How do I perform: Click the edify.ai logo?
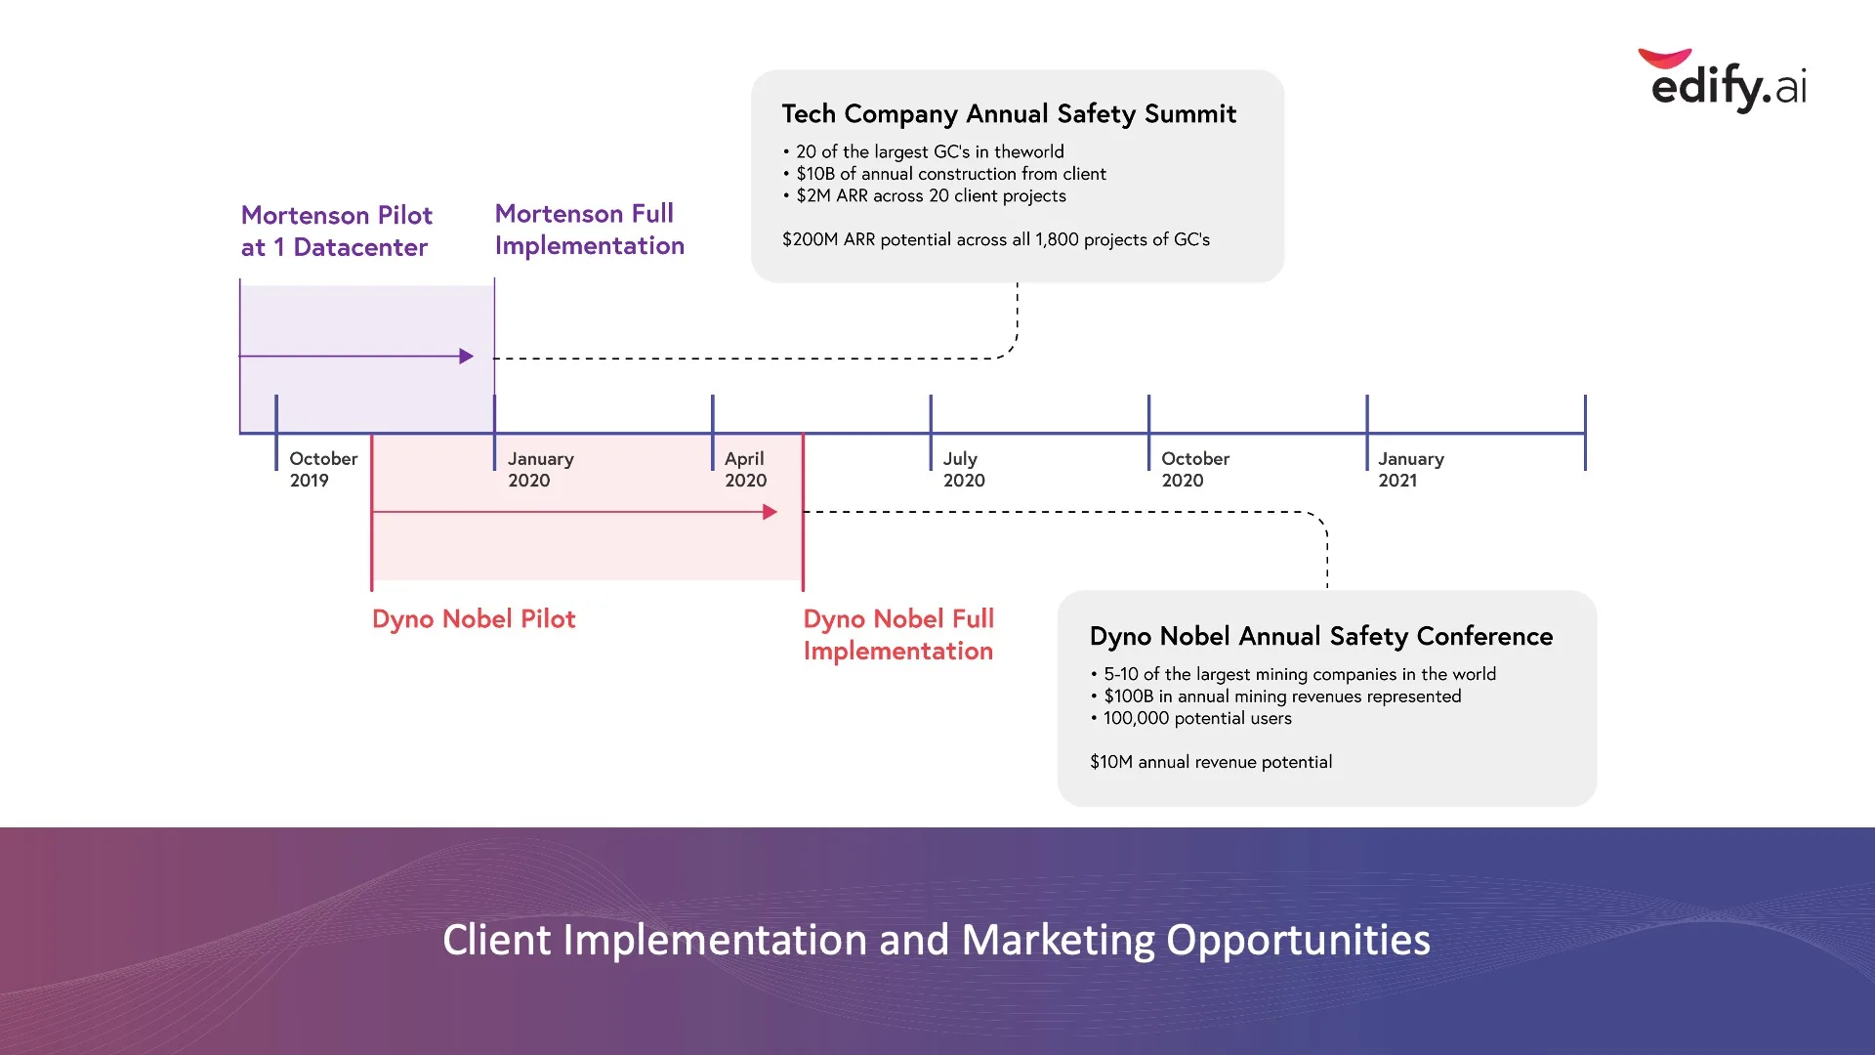[1724, 81]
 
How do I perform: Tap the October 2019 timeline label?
[323, 469]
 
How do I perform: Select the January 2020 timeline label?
[541, 469]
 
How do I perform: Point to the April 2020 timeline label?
[746, 469]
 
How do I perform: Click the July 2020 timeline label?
[964, 469]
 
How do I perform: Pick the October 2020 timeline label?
[1195, 469]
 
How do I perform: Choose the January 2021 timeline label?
[1411, 469]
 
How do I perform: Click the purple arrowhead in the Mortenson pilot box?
[467, 357]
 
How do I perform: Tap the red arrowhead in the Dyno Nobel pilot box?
[771, 512]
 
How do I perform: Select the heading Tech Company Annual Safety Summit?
[1009, 114]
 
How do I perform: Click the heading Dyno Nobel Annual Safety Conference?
[1321, 637]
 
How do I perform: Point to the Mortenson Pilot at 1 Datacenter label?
[337, 232]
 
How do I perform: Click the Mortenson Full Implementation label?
[590, 230]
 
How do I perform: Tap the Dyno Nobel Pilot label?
[474, 619]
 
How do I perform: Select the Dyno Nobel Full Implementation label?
[898, 635]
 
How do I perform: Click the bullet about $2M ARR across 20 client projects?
[924, 195]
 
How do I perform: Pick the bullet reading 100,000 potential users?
[1190, 718]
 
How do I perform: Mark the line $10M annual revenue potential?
[1211, 762]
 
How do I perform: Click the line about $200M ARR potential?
[996, 239]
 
